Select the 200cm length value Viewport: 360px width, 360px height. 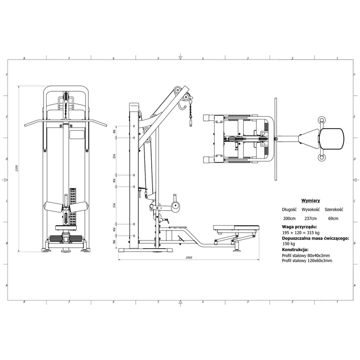tap(289, 218)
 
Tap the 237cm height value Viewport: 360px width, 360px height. tap(311, 218)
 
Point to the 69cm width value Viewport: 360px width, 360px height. tap(333, 218)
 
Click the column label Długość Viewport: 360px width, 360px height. tap(289, 210)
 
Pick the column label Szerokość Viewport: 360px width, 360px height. tap(334, 210)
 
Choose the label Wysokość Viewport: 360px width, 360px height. tap(311, 210)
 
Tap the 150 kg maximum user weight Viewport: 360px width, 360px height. tap(290, 244)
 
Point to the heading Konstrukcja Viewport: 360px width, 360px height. tap(295, 250)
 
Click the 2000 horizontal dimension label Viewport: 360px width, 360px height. tap(189, 258)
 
